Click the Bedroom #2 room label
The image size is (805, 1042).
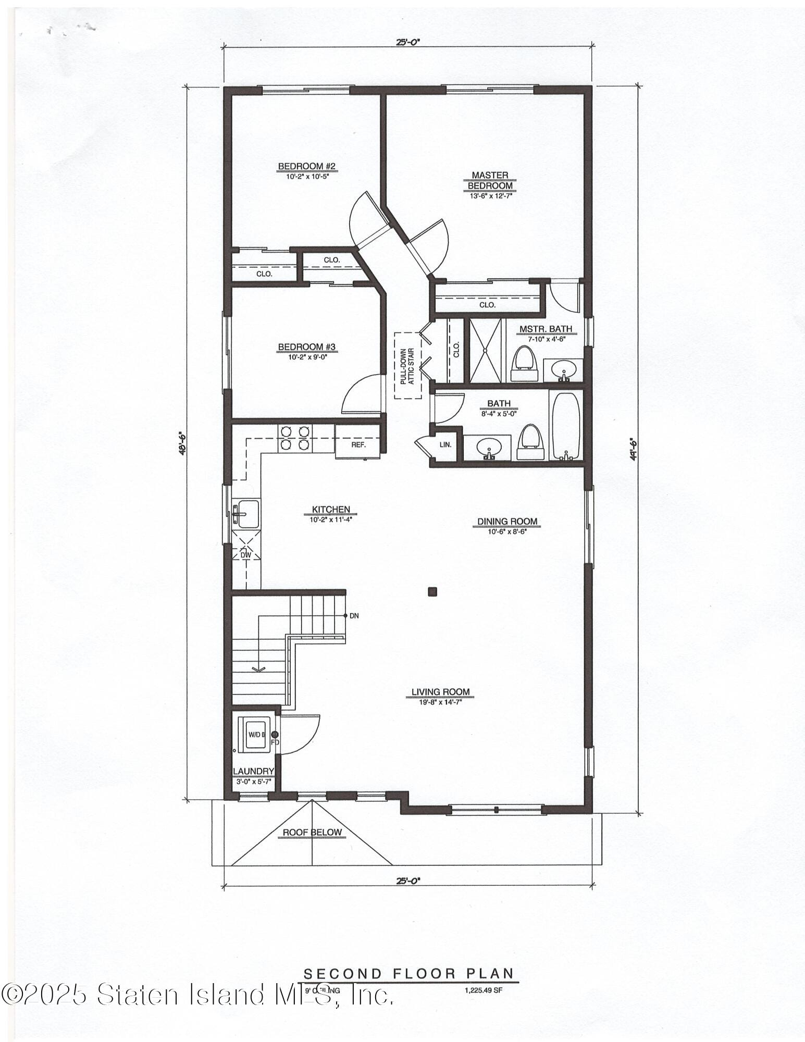point(306,167)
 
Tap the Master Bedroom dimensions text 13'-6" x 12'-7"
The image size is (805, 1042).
point(489,196)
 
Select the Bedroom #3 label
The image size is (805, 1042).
point(306,347)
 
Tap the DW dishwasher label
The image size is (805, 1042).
point(245,555)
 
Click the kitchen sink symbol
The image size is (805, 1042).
point(245,513)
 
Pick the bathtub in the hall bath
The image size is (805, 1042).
point(565,427)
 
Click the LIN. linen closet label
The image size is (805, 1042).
point(445,445)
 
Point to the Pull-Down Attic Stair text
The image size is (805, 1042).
point(407,366)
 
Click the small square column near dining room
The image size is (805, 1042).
point(432,591)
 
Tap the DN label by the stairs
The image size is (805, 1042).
point(354,616)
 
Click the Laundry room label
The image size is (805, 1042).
point(253,771)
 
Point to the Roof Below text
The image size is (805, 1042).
point(312,833)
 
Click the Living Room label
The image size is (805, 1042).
point(440,692)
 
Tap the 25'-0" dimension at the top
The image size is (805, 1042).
point(408,43)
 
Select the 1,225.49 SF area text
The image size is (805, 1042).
point(483,991)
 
